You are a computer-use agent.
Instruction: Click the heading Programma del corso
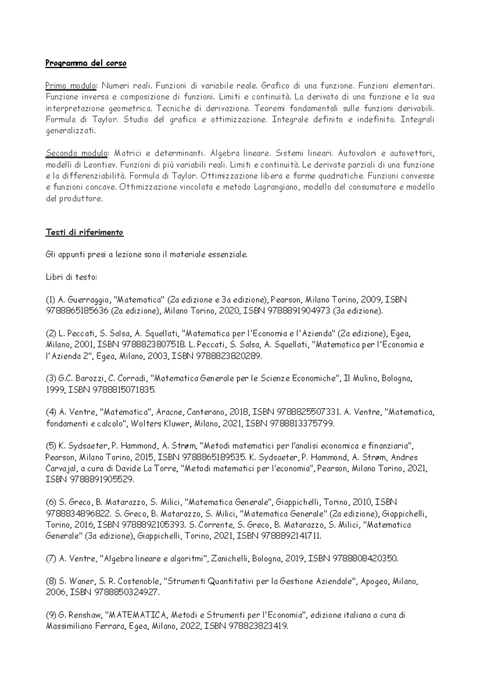point(86,63)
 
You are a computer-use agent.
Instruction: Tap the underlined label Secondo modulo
point(77,153)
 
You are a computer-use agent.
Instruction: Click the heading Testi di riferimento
point(84,232)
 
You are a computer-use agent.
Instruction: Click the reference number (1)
point(51,300)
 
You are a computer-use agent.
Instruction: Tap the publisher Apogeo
point(374,581)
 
